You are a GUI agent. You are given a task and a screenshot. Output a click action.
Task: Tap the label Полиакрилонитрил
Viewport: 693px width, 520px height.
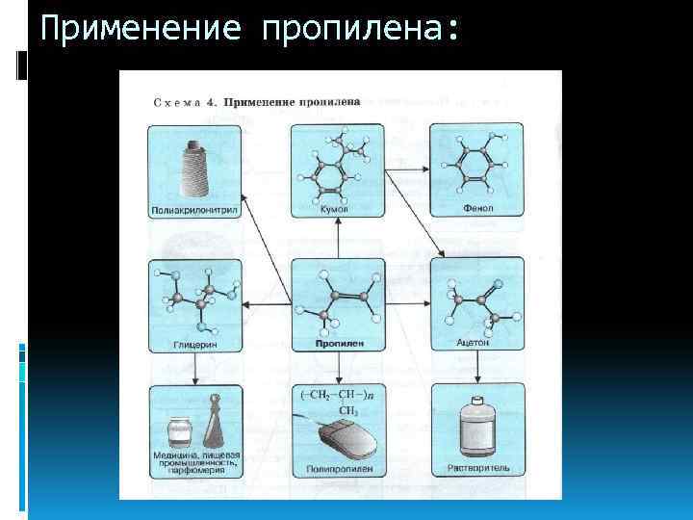pyautogui.click(x=194, y=209)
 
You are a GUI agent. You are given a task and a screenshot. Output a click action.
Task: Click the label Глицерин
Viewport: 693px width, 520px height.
pyautogui.click(x=194, y=342)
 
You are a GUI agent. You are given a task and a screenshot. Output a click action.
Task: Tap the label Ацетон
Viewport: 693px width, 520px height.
pyautogui.click(x=475, y=342)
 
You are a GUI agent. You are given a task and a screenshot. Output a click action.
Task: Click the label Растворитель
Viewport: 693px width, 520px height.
pyautogui.click(x=478, y=469)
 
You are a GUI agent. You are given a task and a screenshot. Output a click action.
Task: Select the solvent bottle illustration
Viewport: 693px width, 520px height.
pyautogui.click(x=478, y=429)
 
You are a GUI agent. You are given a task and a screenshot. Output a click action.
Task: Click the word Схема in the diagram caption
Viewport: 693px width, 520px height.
pyautogui.click(x=174, y=101)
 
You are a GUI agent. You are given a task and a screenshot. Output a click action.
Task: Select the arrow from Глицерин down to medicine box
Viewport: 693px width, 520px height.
pyautogui.click(x=195, y=367)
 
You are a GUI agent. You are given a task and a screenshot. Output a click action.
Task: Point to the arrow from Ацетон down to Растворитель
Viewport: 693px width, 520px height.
pyautogui.click(x=477, y=367)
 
